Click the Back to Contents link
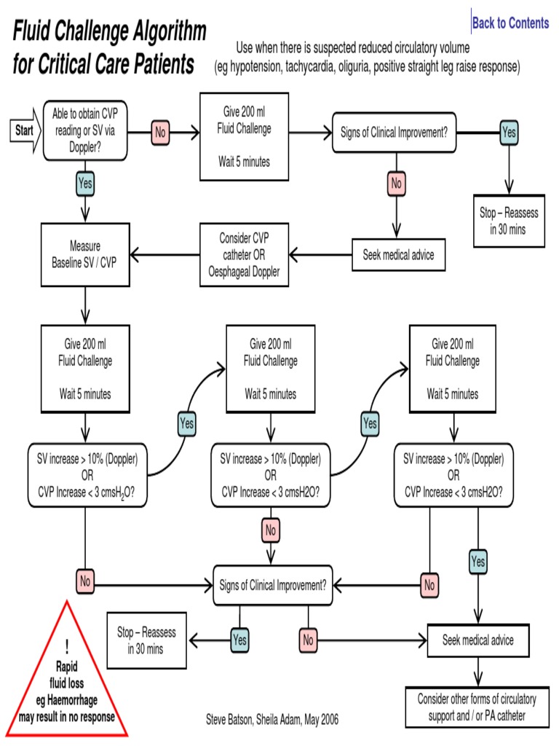510,23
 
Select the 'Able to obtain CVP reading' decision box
86,131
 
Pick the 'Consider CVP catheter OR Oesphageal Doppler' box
244,254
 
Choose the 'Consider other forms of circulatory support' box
477,707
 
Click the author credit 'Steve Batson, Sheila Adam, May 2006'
271,720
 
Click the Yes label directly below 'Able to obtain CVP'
85,184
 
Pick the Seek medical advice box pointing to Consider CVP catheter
398,254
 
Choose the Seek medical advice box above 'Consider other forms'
478,640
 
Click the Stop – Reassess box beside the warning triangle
146,640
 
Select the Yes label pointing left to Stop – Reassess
239,640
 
